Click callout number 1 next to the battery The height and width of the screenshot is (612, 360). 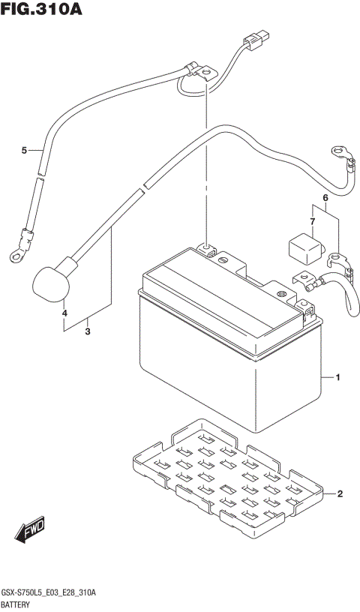click(339, 377)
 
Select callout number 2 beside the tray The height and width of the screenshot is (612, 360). click(339, 493)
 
